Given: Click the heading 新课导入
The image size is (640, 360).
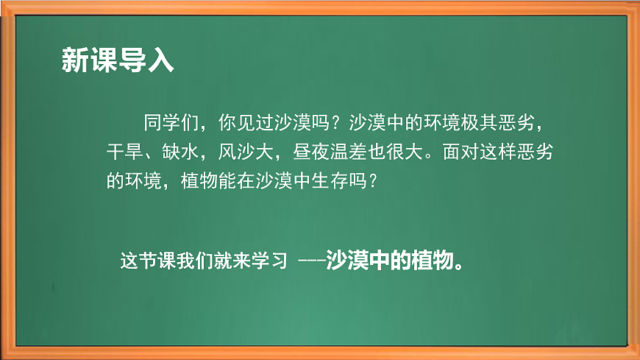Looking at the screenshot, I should coord(117,61).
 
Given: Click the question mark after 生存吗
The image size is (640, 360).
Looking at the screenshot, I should coord(376,180).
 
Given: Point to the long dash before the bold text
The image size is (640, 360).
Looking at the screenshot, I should coord(312,263).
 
